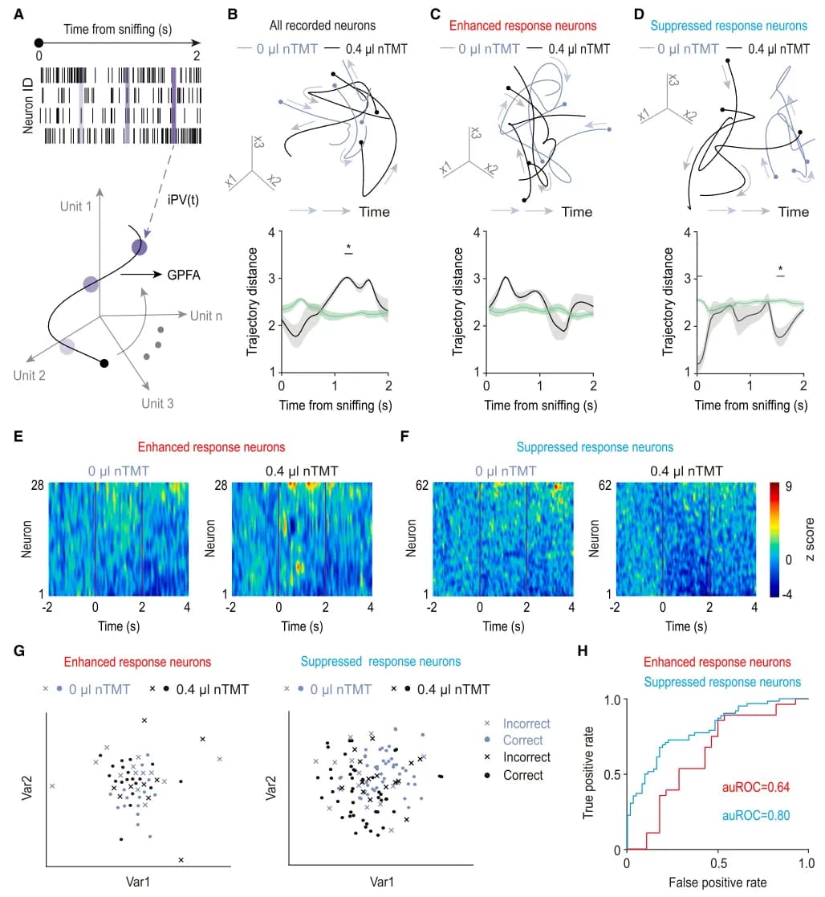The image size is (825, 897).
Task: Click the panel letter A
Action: coord(18,14)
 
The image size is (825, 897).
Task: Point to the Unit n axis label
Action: coord(206,316)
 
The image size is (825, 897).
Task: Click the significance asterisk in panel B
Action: coord(348,247)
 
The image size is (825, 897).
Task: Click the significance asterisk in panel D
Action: coord(780,269)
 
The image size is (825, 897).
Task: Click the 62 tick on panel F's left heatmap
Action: coord(422,485)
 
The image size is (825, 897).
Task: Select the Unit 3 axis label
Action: coord(156,403)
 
